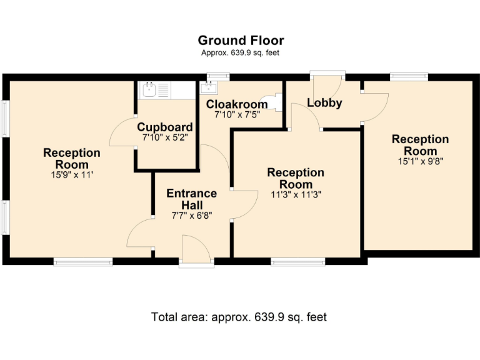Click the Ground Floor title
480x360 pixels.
point(241,41)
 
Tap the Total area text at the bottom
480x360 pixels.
point(239,317)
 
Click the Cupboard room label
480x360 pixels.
point(165,127)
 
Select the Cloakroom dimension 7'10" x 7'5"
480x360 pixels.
point(237,115)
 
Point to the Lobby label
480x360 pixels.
point(324,103)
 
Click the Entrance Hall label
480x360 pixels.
point(191,199)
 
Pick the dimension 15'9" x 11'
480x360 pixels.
point(71,175)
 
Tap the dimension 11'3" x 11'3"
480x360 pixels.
point(296,194)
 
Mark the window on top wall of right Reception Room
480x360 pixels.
point(409,77)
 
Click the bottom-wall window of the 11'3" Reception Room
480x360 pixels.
point(297,261)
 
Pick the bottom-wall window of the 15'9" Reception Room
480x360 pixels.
point(82,261)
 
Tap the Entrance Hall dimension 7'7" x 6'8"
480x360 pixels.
point(191,216)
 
